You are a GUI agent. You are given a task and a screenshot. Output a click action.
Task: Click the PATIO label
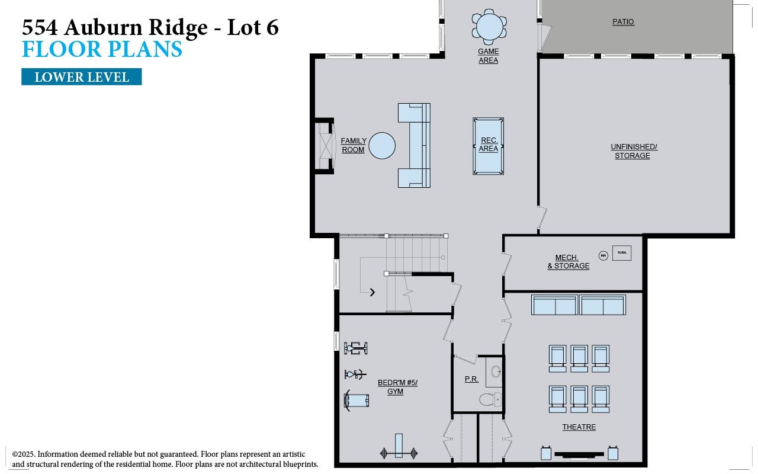coord(623,22)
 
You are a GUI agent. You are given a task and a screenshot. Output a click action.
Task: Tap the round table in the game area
coord(489,26)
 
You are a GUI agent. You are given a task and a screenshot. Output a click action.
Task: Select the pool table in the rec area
coord(488,146)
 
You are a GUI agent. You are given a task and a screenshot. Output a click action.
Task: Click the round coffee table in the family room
coord(382,146)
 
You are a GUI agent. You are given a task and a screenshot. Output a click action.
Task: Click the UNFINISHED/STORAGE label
coord(634,151)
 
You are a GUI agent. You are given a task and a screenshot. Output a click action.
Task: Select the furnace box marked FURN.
coord(622,253)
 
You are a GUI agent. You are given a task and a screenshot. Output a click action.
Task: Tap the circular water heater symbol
coord(603,255)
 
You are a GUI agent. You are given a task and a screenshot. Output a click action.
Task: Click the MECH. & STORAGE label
coord(568,262)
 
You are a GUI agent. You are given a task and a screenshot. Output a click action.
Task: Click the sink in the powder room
coord(496,372)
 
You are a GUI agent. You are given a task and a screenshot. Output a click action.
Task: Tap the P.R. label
coord(471,379)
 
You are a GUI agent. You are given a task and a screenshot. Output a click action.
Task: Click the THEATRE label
coord(579,427)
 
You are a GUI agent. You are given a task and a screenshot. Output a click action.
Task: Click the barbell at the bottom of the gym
coord(399,453)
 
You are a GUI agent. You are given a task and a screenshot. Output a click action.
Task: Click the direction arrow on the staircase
coord(372,292)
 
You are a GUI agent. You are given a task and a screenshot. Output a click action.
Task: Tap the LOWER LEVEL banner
coord(82,77)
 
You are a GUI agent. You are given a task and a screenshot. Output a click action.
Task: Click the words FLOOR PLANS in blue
coord(102,50)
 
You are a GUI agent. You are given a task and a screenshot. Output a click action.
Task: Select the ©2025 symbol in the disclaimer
coord(15,454)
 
